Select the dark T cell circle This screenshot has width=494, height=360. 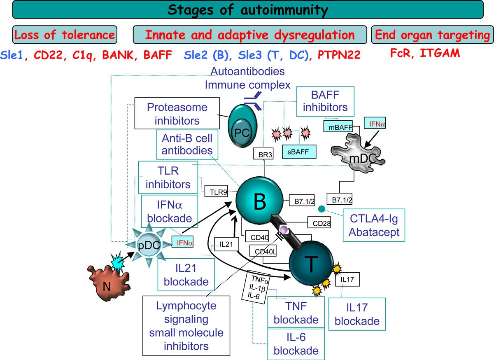click(311, 266)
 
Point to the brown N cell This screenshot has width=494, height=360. click(109, 282)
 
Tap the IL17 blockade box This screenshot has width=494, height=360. click(357, 313)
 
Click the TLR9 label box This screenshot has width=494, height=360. click(216, 191)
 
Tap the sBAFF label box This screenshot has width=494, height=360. click(298, 152)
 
